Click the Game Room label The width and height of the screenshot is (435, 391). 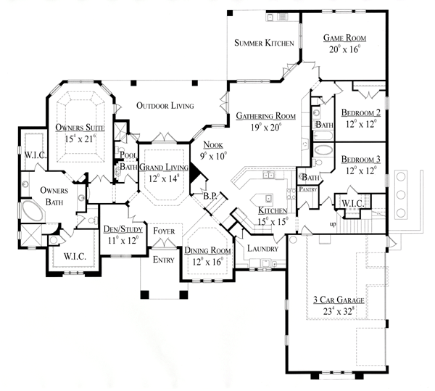[x=345, y=38]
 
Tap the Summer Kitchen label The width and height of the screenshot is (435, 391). [x=264, y=43]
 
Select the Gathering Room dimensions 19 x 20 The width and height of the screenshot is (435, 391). [x=267, y=128]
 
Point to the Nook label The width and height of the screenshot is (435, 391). [x=213, y=145]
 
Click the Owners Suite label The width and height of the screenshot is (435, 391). [x=80, y=128]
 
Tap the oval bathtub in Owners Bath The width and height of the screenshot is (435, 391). [x=33, y=211]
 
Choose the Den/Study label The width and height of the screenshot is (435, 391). [x=123, y=229]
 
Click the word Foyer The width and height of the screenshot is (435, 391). [x=164, y=231]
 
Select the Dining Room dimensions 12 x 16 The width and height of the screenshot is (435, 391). [x=208, y=261]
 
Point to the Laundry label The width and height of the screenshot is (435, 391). [x=262, y=249]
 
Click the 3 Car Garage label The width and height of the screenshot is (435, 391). [x=339, y=300]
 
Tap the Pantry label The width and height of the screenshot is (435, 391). [x=308, y=189]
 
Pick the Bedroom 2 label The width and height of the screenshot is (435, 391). [x=361, y=112]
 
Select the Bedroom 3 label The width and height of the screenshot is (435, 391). [x=361, y=160]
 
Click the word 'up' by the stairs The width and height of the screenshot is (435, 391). [x=333, y=224]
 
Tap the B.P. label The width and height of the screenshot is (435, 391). [x=210, y=196]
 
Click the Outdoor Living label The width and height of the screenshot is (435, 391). [x=165, y=106]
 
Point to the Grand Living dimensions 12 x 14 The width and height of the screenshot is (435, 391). [x=163, y=178]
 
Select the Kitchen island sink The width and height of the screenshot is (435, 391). [x=268, y=199]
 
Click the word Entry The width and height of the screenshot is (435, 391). [x=164, y=260]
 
